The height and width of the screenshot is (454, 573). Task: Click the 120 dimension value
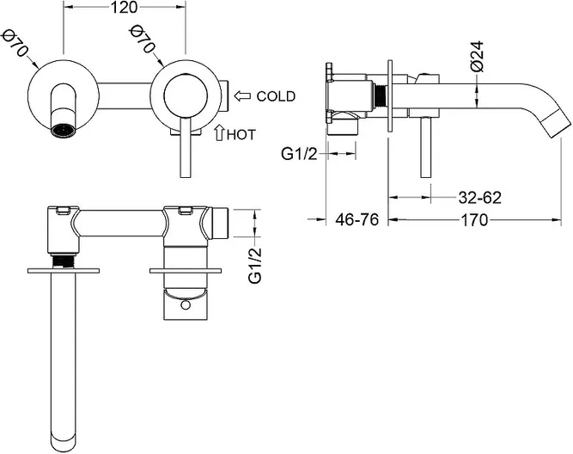click(x=125, y=8)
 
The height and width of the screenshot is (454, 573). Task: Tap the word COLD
click(x=276, y=96)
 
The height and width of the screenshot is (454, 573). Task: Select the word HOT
click(x=241, y=135)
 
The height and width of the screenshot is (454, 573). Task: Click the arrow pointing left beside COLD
click(x=242, y=96)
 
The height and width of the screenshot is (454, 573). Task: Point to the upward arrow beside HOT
click(x=219, y=133)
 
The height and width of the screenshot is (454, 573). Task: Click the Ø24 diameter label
click(x=478, y=56)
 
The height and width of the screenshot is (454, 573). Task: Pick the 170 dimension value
click(x=474, y=220)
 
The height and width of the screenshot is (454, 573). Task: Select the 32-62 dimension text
click(x=480, y=198)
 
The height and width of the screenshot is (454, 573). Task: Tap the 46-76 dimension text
click(x=357, y=220)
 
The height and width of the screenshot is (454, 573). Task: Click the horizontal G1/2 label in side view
click(x=299, y=154)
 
